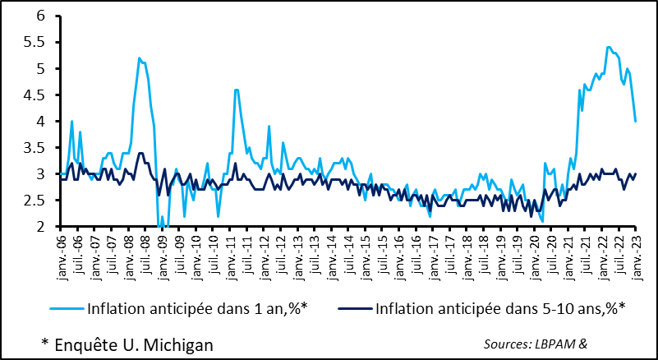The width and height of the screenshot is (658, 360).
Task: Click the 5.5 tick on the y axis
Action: tap(38, 43)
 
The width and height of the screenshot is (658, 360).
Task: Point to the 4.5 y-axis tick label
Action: tap(38, 95)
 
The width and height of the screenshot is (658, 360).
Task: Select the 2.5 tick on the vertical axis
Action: tap(38, 201)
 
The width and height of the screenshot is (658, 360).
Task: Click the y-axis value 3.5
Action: tap(38, 148)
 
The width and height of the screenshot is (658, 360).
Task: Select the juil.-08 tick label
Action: tap(145, 252)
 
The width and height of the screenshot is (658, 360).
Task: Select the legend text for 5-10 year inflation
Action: tap(499, 310)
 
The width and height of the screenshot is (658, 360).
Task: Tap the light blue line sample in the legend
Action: tap(70, 310)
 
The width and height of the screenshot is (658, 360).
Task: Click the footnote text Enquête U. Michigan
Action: tap(127, 344)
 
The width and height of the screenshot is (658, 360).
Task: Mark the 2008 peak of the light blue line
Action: tap(140, 58)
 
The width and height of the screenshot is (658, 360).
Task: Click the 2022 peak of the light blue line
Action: tap(608, 47)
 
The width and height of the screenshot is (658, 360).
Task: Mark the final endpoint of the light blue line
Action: tap(636, 122)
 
